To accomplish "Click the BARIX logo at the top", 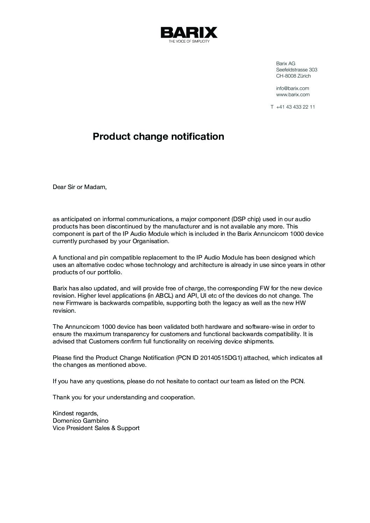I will pyautogui.click(x=189, y=33).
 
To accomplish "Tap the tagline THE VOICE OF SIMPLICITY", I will pyautogui.click(x=189, y=42).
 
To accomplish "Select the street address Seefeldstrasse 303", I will pyautogui.click(x=297, y=70).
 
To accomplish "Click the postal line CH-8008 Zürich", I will pyautogui.click(x=293, y=76).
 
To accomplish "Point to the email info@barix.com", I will pyautogui.click(x=292, y=88).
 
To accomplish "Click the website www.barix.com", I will pyautogui.click(x=293, y=95).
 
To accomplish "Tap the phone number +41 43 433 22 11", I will pyautogui.click(x=295, y=107).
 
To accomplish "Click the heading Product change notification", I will pyautogui.click(x=158, y=136).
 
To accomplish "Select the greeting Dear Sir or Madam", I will pyautogui.click(x=79, y=187).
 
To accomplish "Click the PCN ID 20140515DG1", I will pyautogui.click(x=220, y=358).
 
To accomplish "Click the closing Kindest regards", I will pyautogui.click(x=76, y=413).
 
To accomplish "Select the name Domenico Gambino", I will pyautogui.click(x=80, y=421).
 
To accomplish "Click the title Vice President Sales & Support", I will pyautogui.click(x=96, y=428).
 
